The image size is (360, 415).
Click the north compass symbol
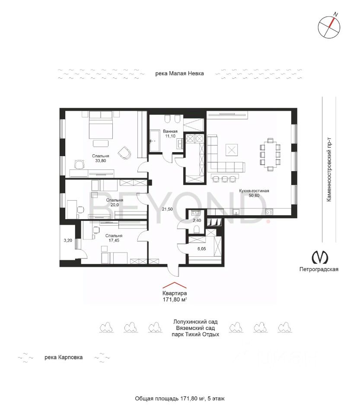[329, 26]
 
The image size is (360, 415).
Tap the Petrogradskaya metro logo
[320, 257]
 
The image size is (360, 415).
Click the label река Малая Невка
[179, 73]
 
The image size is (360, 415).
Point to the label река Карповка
[64, 358]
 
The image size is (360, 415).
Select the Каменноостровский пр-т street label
[329, 169]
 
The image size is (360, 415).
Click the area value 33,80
[101, 161]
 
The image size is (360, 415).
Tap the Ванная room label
[170, 131]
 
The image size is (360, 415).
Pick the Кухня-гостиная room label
[254, 191]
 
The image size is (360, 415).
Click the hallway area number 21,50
[167, 209]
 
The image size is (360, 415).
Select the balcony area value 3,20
[68, 241]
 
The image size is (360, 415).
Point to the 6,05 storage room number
[201, 249]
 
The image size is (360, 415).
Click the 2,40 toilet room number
[197, 220]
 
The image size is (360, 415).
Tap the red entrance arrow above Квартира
[174, 285]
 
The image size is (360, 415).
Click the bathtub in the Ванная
[155, 140]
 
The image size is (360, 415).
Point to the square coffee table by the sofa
[232, 150]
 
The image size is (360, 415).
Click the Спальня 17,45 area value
[114, 240]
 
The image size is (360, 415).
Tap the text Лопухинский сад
[195, 322]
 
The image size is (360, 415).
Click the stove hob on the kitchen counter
[269, 212]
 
